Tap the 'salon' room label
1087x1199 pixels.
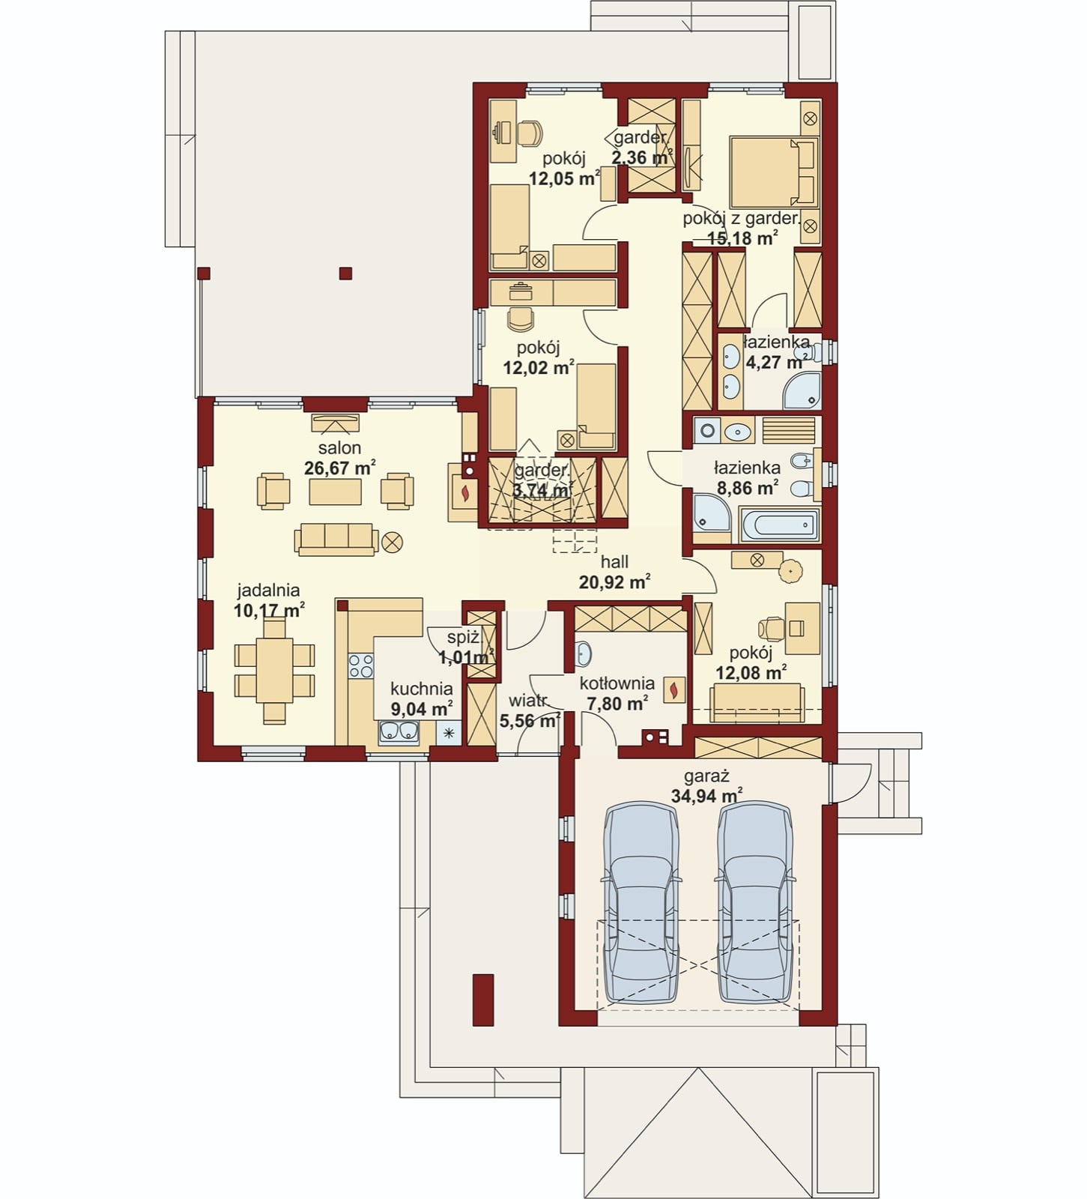tap(339, 448)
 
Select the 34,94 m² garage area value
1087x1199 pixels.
tap(706, 796)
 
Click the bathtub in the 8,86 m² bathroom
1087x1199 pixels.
tap(779, 524)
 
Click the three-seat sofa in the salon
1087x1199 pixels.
tap(336, 539)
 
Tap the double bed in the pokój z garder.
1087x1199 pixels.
tap(773, 172)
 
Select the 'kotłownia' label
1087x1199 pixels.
tap(617, 683)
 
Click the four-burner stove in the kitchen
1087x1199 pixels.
tap(361, 666)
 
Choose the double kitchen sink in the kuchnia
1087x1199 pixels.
tap(399, 732)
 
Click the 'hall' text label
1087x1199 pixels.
tap(614, 562)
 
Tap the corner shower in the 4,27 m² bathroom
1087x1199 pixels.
tap(802, 391)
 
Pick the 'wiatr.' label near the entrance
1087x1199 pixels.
tap(528, 701)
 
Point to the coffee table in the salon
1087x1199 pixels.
tap(336, 492)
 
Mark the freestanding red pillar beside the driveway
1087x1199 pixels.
tap(483, 1000)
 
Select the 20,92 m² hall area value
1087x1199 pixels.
tap(614, 582)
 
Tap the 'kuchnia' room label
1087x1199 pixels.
tap(421, 689)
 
